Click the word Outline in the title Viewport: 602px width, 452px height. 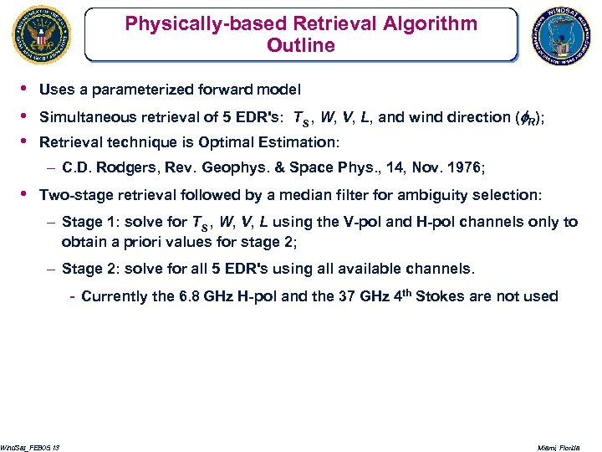pyautogui.click(x=300, y=45)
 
